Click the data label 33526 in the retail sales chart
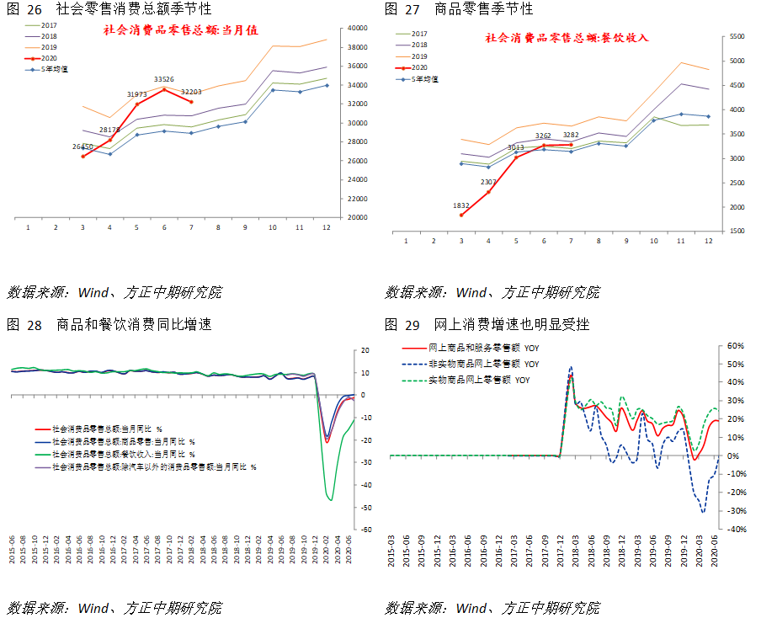tap(164, 79)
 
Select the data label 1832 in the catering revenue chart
tap(460, 205)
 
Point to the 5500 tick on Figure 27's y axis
tap(737, 37)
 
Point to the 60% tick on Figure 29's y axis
tap(737, 346)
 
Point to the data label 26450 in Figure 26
tap(82, 147)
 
